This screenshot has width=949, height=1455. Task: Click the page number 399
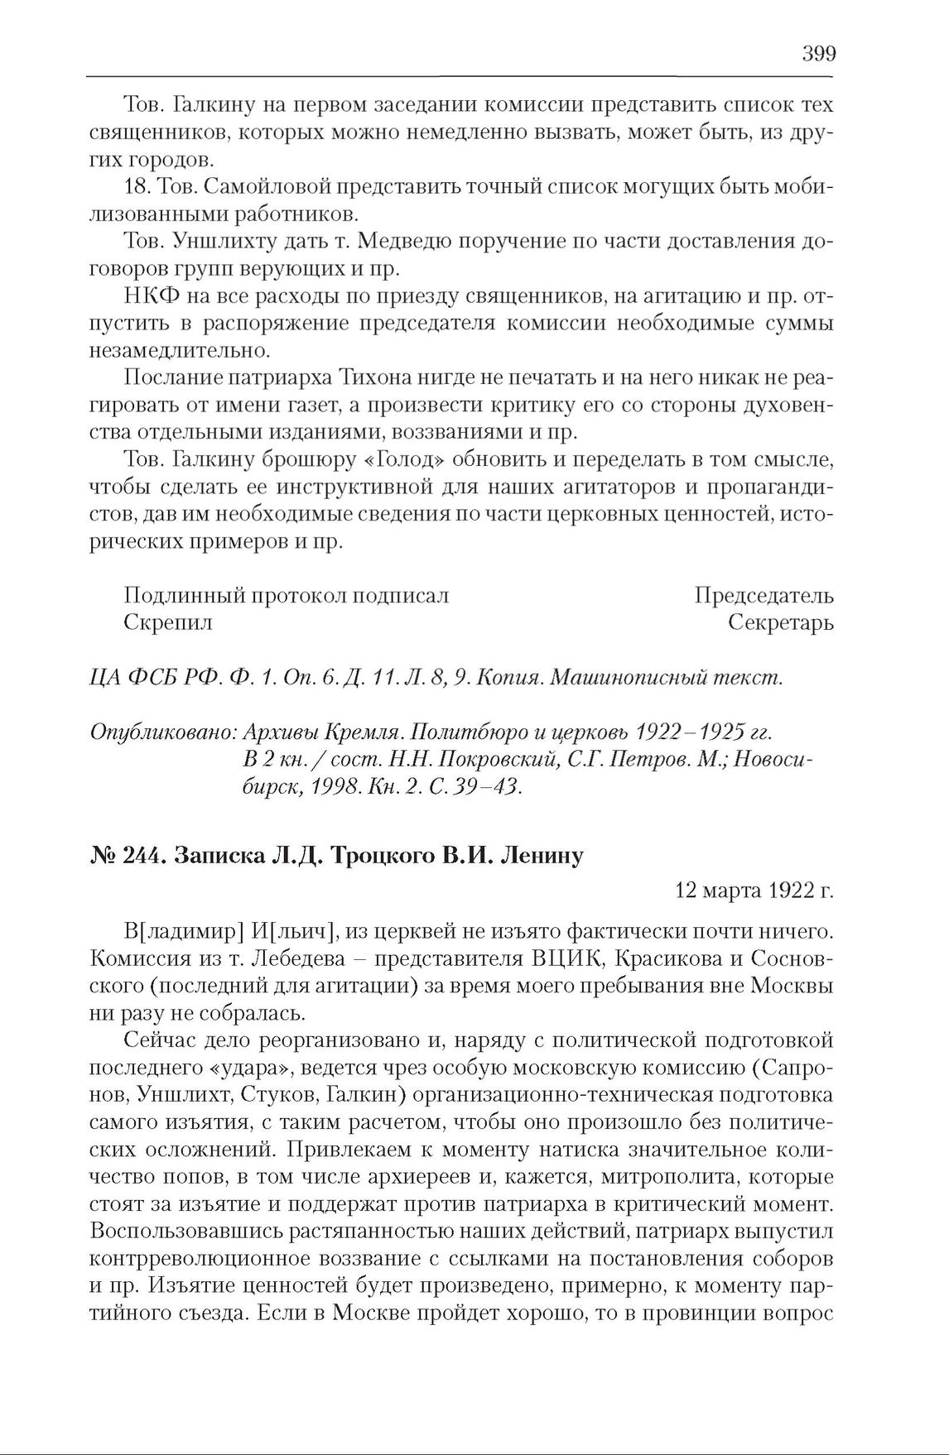coord(818,55)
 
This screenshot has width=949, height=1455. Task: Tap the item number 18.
coord(136,187)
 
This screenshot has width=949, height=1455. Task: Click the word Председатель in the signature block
coord(764,595)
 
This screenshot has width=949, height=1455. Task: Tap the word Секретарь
coord(780,622)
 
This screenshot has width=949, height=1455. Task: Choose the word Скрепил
coord(167,622)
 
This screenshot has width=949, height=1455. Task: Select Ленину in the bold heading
coord(542,855)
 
